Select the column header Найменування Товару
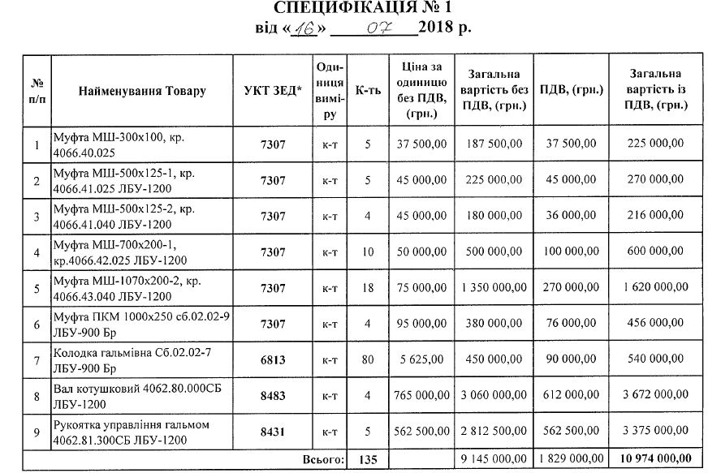pyautogui.click(x=142, y=91)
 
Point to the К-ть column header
pyautogui.click(x=367, y=91)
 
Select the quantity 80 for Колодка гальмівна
pyautogui.click(x=368, y=359)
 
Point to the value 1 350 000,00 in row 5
pyautogui.click(x=493, y=288)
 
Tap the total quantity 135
pyautogui.click(x=368, y=460)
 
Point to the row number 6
pyautogui.click(x=37, y=324)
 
